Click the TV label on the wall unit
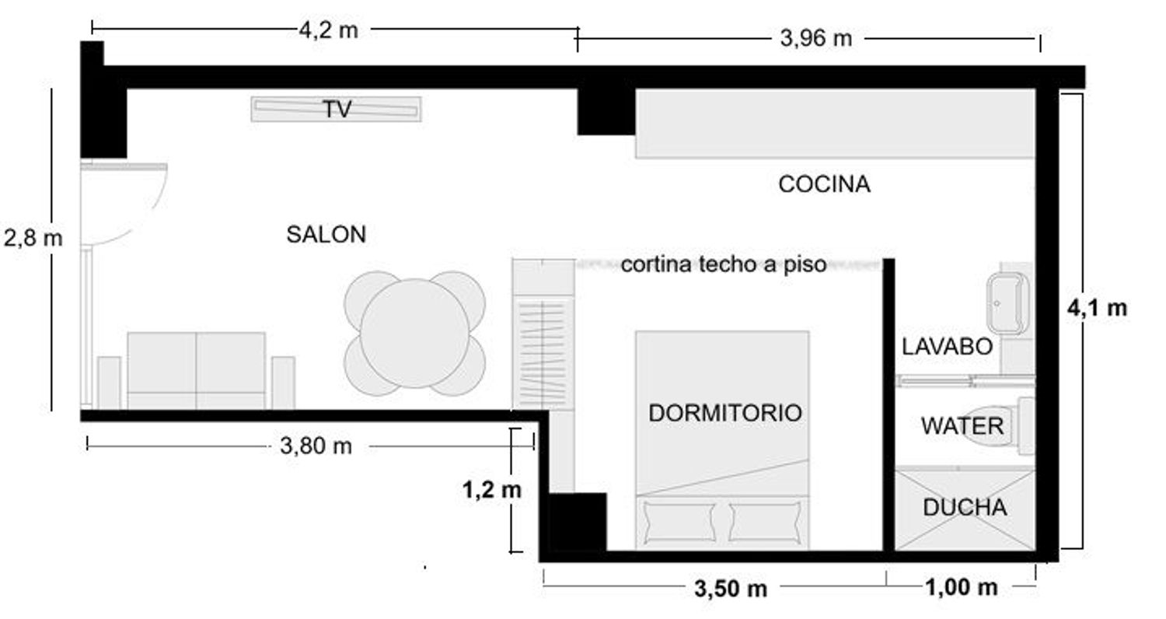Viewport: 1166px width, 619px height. point(337,110)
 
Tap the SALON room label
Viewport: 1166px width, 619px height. point(326,234)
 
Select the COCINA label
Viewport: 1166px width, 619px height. point(824,184)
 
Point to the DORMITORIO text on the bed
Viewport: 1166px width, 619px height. point(725,414)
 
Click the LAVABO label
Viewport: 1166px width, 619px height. point(948,347)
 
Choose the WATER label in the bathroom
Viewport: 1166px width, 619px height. point(962,426)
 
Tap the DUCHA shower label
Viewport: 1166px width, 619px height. point(965,508)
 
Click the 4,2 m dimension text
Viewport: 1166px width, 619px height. point(329,30)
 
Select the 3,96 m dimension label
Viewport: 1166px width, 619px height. point(815,39)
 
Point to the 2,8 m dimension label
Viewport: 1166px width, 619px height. point(33,239)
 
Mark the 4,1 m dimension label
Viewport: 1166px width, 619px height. point(1098,308)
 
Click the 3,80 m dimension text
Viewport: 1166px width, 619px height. point(316,446)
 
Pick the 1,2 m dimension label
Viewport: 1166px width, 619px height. point(492,490)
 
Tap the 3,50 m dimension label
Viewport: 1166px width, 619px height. point(731,589)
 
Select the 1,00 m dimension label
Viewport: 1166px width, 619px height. point(962,588)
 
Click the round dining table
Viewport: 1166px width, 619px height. point(415,333)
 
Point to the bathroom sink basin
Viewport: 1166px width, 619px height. point(1007,303)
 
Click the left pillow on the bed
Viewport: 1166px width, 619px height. point(679,522)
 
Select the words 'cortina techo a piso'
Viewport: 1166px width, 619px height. point(724,265)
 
